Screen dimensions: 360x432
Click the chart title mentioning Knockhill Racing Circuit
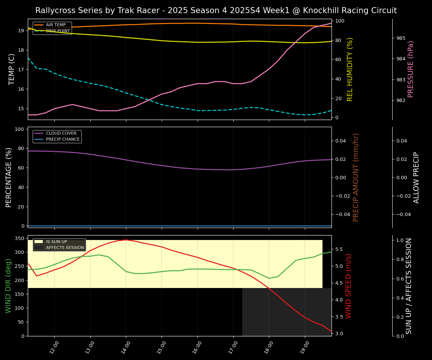216,10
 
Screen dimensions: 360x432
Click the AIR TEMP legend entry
55,25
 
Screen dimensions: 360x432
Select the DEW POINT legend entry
58,31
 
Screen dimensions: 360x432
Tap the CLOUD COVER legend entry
61,133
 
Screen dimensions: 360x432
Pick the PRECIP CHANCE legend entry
63,139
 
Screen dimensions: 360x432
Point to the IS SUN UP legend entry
56,242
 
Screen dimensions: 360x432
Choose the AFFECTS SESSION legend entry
65,247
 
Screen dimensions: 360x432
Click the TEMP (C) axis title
12,69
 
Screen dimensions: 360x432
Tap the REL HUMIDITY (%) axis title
350,69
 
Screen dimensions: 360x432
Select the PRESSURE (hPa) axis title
411,69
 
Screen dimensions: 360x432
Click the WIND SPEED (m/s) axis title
349,286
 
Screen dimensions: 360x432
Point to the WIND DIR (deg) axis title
9,286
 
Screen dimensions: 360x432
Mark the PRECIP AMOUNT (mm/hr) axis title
356,177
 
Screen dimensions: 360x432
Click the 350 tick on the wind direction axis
20,238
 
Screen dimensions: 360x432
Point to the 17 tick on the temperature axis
21,70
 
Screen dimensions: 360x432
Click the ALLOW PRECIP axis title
416,177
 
